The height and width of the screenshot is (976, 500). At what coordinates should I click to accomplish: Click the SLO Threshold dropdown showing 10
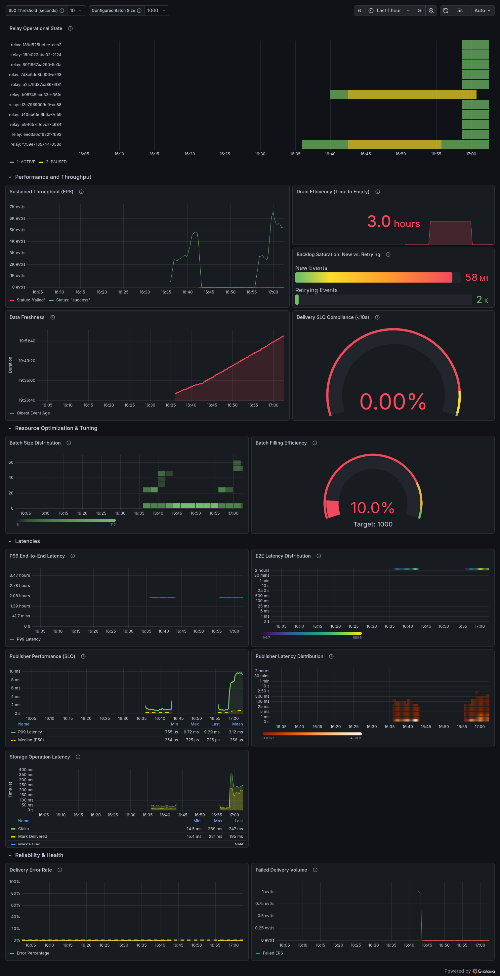click(x=76, y=11)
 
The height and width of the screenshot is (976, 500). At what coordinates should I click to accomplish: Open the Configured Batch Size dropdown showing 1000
click(x=156, y=11)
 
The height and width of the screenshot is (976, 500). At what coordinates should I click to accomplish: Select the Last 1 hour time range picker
click(x=389, y=11)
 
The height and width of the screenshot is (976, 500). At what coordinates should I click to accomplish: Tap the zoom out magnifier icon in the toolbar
click(x=431, y=11)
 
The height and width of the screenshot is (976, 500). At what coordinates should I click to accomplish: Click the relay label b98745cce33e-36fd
click(x=36, y=95)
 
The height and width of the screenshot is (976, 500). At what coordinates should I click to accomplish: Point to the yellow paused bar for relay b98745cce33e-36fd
click(x=412, y=95)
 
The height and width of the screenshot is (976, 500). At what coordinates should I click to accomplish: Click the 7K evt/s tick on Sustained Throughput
click(x=18, y=207)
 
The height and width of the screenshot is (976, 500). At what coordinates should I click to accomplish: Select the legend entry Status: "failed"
click(x=27, y=300)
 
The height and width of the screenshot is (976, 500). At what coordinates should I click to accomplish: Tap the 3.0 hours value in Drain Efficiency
click(x=394, y=222)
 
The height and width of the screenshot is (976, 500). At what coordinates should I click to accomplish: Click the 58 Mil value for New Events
click(x=477, y=278)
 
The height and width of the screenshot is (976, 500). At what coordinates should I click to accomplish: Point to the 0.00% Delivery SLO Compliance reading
click(x=393, y=401)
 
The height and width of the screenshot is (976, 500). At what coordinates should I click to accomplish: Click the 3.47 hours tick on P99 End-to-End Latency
click(x=20, y=575)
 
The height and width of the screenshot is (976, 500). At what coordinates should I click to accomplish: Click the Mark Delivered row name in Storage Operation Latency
click(x=33, y=836)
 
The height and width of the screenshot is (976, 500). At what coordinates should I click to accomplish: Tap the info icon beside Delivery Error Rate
click(x=60, y=870)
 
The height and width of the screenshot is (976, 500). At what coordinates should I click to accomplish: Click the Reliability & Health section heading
click(x=39, y=855)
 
